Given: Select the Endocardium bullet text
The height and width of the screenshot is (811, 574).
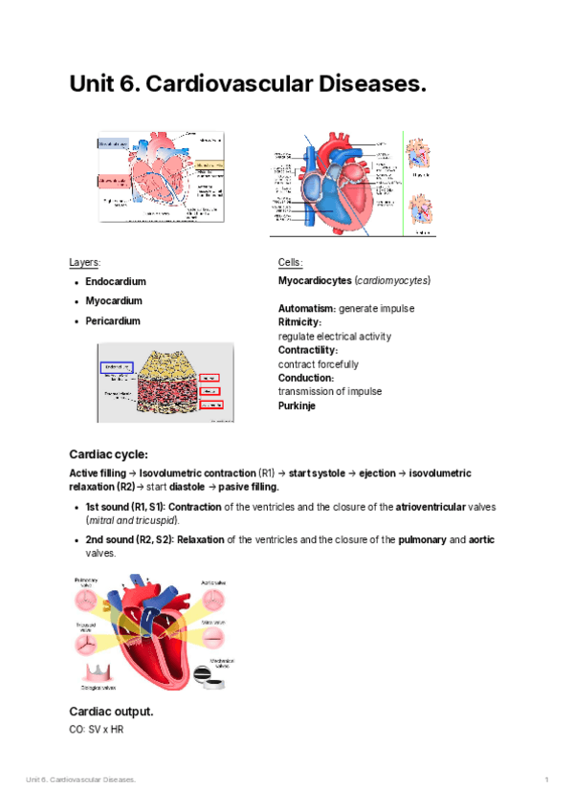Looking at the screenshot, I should [116, 282].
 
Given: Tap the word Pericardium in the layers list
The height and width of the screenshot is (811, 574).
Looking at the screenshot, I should [113, 321].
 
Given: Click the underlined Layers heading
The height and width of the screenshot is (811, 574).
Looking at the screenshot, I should [85, 262].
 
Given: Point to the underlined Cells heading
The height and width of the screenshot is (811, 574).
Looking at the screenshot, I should [291, 262].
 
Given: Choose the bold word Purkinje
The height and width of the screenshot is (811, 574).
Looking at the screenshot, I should [297, 405].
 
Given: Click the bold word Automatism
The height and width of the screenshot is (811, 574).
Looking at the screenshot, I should [305, 309].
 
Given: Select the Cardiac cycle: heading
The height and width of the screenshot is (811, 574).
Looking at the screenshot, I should [109, 453].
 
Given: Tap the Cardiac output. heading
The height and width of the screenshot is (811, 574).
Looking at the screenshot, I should [112, 712].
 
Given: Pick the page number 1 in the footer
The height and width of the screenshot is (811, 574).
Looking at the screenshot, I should [546, 780].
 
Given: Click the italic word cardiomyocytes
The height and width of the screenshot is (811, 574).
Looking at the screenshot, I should [392, 282].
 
